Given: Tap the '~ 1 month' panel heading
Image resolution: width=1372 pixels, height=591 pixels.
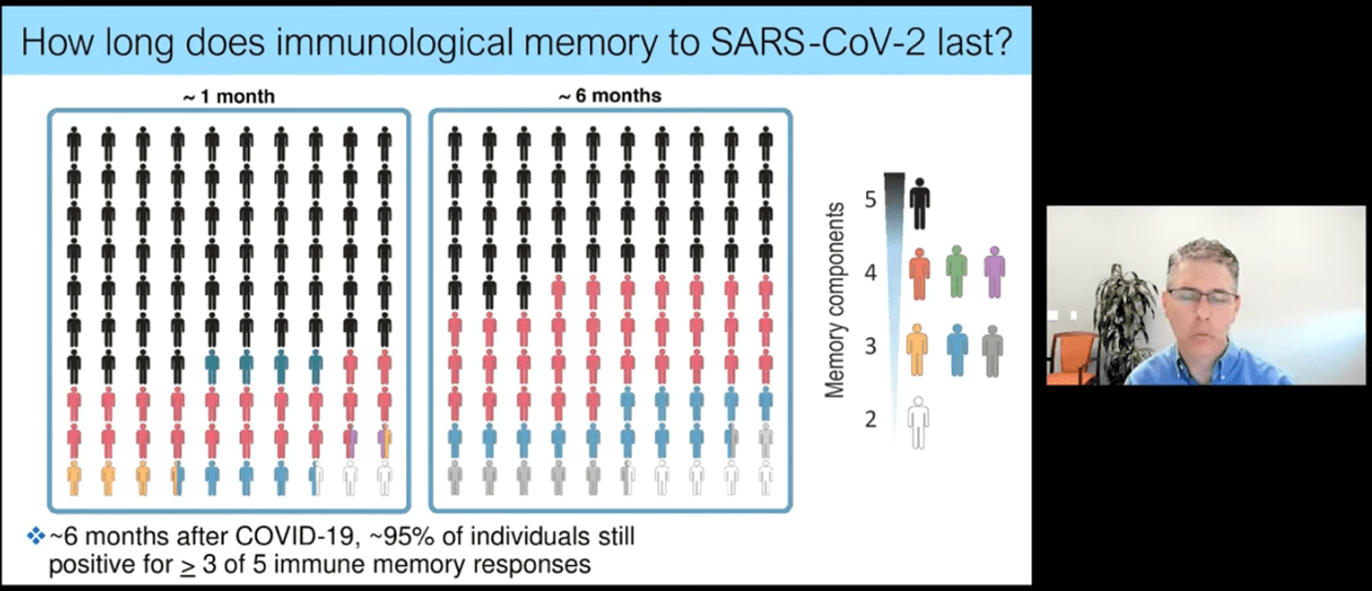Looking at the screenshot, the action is click(x=229, y=97).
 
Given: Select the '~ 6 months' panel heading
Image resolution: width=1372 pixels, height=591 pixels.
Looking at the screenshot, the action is click(x=610, y=97).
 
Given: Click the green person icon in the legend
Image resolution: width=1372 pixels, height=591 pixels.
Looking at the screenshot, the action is click(x=957, y=272).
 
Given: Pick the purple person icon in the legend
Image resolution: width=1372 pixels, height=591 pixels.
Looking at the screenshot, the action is click(x=995, y=272).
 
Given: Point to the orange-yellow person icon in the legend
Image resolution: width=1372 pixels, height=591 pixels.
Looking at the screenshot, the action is click(x=917, y=350).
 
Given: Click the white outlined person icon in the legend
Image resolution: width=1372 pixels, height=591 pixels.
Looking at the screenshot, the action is click(x=918, y=423).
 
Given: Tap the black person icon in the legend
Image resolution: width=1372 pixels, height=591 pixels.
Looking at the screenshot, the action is click(x=919, y=204).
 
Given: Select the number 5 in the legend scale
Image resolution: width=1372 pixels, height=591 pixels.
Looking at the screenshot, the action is click(x=870, y=200).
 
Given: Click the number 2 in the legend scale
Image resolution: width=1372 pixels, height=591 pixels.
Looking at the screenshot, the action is click(x=870, y=420).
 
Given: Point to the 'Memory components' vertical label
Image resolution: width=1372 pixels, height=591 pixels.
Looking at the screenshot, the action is click(x=834, y=300).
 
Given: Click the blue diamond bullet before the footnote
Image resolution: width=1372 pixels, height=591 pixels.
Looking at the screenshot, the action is click(x=36, y=536).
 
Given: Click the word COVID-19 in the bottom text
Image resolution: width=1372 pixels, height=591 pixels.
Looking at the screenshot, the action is click(x=296, y=536).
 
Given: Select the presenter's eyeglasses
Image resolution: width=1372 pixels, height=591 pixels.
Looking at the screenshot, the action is click(x=1202, y=297).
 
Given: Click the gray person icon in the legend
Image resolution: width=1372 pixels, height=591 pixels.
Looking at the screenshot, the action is click(x=993, y=351).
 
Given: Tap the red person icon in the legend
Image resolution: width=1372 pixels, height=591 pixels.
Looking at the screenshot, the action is click(x=919, y=273).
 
